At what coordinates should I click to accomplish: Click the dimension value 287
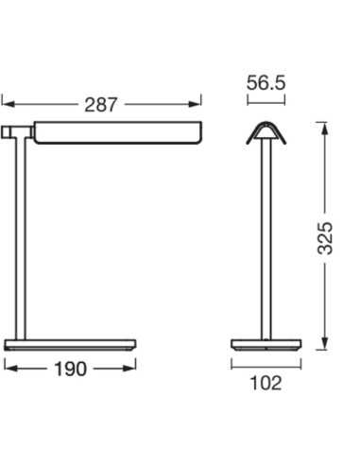(x=101, y=105)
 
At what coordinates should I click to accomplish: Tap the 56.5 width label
(x=266, y=83)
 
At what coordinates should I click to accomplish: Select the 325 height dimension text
(x=325, y=238)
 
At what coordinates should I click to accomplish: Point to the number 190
(x=70, y=369)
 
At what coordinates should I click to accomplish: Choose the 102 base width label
(x=266, y=383)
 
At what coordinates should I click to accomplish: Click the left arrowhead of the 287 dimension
(x=9, y=104)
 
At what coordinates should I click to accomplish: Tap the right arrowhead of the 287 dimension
(x=195, y=104)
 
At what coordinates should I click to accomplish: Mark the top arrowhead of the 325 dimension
(x=325, y=129)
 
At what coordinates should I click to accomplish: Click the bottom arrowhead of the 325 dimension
(x=325, y=343)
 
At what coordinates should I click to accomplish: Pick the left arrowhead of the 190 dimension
(x=10, y=368)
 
